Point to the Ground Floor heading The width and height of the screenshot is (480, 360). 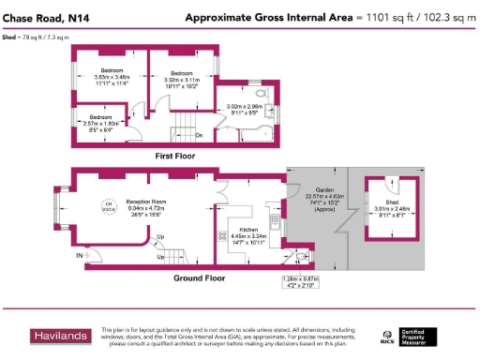(x=200, y=278)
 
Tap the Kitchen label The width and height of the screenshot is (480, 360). (x=247, y=229)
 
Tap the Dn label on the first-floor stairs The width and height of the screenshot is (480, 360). (x=199, y=135)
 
